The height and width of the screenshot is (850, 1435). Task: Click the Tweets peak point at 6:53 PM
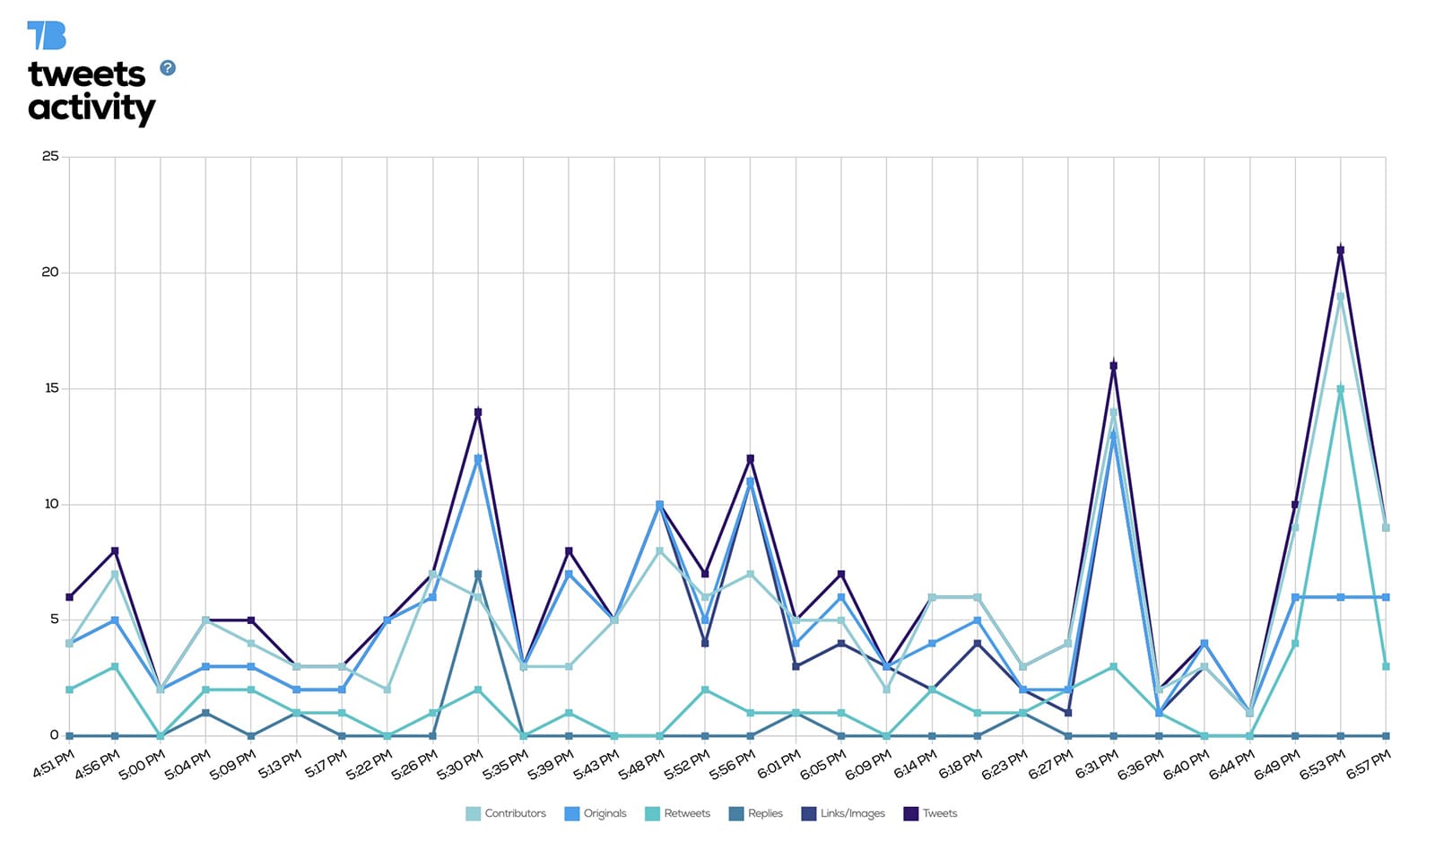(x=1341, y=250)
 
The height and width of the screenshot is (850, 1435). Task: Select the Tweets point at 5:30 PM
(x=478, y=412)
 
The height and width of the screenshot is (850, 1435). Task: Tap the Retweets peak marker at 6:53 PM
(x=1341, y=389)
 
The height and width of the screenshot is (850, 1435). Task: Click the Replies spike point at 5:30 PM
(x=478, y=574)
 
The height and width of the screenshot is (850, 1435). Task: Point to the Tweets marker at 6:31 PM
(x=1114, y=366)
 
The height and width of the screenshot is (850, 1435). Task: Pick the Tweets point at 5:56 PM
(x=751, y=459)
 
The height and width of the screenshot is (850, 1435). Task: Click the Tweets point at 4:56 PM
(x=115, y=551)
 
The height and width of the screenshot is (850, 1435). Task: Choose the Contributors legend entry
(x=506, y=813)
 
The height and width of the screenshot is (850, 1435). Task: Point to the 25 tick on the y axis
(x=50, y=156)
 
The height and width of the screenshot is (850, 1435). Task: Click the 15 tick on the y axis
(x=50, y=388)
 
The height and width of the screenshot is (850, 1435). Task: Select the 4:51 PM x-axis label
(x=53, y=767)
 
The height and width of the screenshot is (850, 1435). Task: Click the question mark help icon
(x=168, y=68)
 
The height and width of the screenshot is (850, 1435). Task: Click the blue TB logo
(x=47, y=36)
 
